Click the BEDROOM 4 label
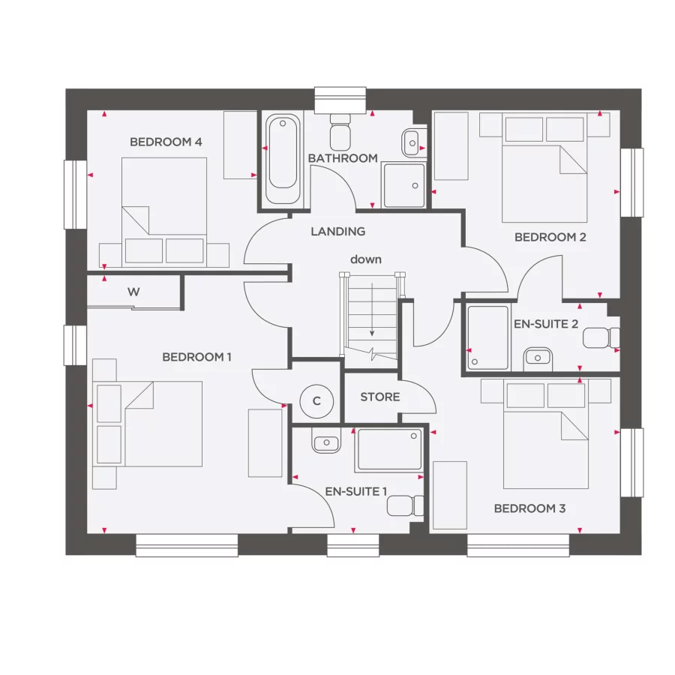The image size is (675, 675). click(166, 142)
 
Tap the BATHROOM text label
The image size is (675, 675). click(343, 158)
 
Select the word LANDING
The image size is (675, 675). click(338, 232)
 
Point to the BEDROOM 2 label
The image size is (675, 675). click(550, 237)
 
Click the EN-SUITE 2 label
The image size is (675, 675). click(545, 325)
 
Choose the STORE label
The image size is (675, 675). click(380, 397)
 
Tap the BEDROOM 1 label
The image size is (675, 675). click(196, 357)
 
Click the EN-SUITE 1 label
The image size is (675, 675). click(356, 492)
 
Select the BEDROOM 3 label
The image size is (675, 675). click(529, 508)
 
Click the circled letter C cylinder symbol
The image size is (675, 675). click(316, 401)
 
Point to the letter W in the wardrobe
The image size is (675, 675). click(133, 292)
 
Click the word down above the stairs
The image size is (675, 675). click(366, 259)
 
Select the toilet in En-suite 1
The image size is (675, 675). click(400, 505)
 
